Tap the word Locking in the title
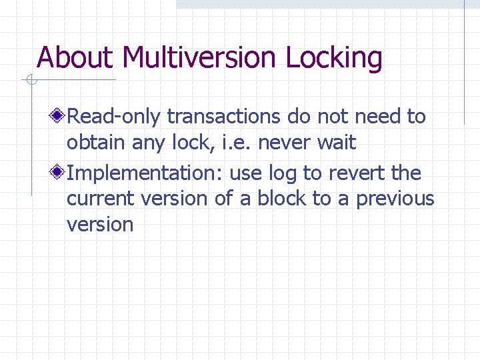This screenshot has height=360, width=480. tap(334, 58)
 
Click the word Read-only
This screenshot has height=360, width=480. tap(114, 117)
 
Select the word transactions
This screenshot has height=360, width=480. tap(224, 117)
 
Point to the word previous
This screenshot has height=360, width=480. tap(395, 199)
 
